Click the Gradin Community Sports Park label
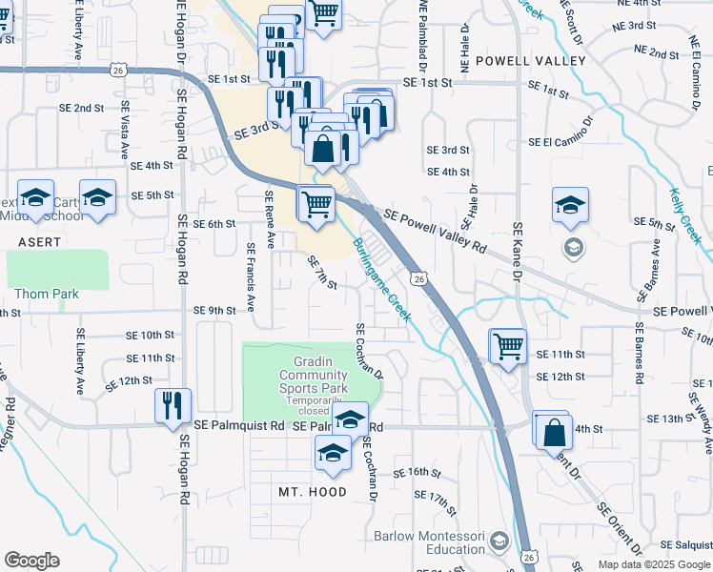tap(314, 375)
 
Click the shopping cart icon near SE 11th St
tap(508, 346)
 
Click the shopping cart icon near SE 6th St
tap(316, 204)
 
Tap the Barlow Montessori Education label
tap(429, 542)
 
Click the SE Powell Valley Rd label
tap(436, 232)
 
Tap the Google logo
tap(31, 561)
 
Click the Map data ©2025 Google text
tap(653, 564)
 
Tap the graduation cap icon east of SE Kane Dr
tap(570, 206)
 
